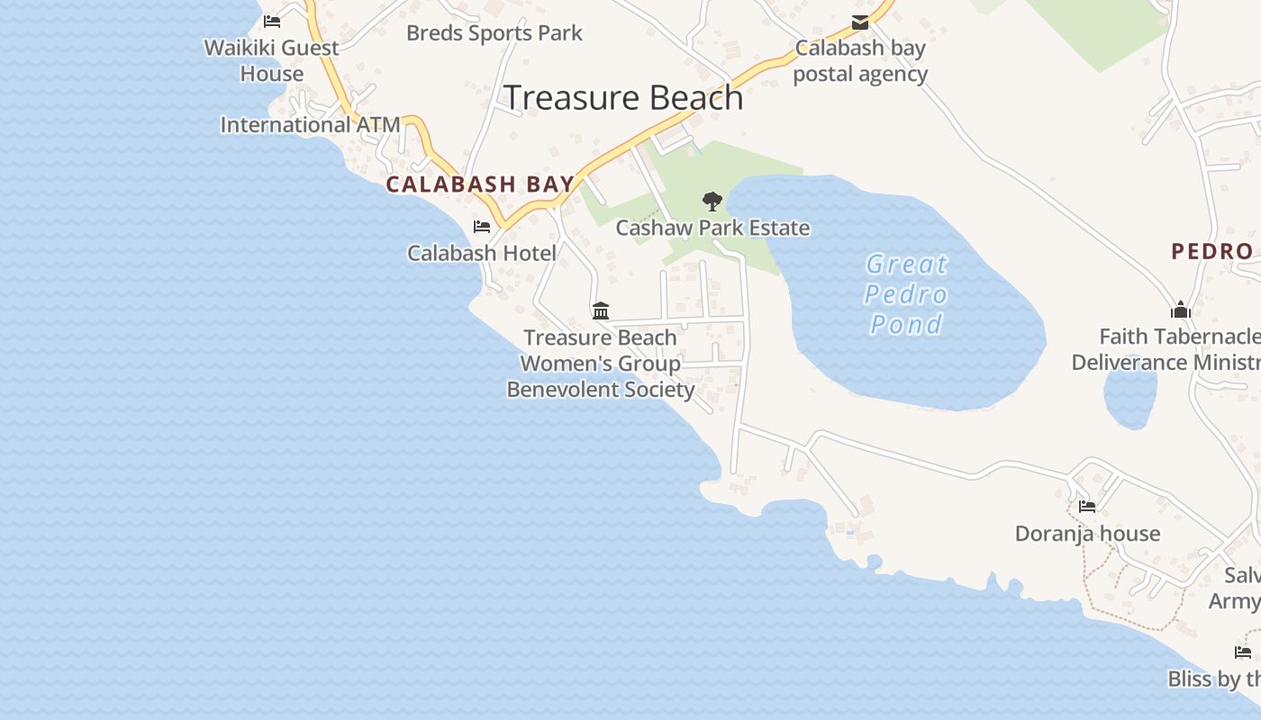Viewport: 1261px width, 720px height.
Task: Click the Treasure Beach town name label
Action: pyautogui.click(x=623, y=97)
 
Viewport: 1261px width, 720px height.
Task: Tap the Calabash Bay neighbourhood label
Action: pyautogui.click(x=480, y=184)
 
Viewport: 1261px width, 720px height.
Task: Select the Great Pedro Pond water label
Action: pyautogui.click(x=906, y=294)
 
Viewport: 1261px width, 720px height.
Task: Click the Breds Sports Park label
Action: pyautogui.click(x=494, y=33)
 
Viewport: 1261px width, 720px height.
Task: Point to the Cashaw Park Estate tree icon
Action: pyautogui.click(x=712, y=202)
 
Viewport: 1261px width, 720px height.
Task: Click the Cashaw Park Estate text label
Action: pyautogui.click(x=712, y=228)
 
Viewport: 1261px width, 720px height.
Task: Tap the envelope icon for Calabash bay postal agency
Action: pyautogui.click(x=860, y=22)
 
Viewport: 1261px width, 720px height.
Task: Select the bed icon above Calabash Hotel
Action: pyautogui.click(x=482, y=227)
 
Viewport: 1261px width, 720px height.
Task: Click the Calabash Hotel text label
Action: pyautogui.click(x=482, y=253)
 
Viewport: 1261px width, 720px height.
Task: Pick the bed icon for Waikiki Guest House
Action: pyautogui.click(x=272, y=22)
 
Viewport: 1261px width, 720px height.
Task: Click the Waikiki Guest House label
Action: pyautogui.click(x=272, y=60)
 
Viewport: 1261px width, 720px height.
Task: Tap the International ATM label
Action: pyautogui.click(x=310, y=124)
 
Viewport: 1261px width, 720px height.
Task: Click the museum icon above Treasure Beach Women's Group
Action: pyautogui.click(x=601, y=311)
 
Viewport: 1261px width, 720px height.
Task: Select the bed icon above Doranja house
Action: pyautogui.click(x=1087, y=507)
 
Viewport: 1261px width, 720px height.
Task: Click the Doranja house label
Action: pyautogui.click(x=1087, y=534)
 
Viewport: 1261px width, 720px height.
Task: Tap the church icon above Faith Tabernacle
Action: pyautogui.click(x=1181, y=310)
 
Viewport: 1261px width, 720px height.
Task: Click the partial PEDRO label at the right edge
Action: pyautogui.click(x=1211, y=251)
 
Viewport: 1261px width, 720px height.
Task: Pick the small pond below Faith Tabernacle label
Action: pyautogui.click(x=1129, y=399)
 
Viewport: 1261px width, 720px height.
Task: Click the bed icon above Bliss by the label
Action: pyautogui.click(x=1243, y=652)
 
